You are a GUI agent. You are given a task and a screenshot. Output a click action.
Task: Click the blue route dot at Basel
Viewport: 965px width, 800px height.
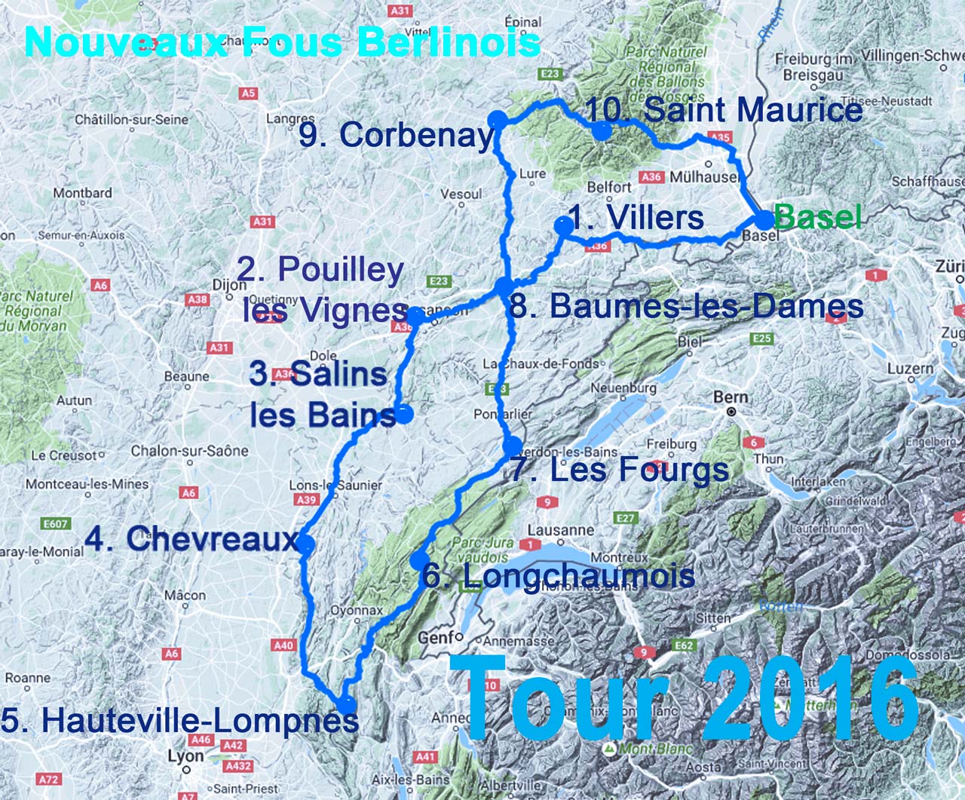[764, 220]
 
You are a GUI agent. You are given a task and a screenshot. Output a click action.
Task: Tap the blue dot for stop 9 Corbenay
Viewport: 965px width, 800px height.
[497, 119]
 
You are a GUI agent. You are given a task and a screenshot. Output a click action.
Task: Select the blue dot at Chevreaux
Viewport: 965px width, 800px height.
[306, 544]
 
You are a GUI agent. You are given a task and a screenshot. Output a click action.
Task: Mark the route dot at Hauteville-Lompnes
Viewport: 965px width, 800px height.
[347, 705]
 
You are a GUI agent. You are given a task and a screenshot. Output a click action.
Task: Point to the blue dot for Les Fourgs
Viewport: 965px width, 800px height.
[513, 446]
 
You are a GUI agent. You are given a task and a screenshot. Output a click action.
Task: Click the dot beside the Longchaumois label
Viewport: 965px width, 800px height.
[419, 559]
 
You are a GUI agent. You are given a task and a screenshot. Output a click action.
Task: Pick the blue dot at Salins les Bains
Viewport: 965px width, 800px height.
[404, 413]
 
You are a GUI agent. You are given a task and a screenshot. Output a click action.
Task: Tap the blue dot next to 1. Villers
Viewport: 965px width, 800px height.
[562, 225]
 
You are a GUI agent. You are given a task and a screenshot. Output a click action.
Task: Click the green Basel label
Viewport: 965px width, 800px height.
[817, 217]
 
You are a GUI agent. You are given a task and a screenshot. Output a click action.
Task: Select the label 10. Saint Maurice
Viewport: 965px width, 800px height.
[724, 110]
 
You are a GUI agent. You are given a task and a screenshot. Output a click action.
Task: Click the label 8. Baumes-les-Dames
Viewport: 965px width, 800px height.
[686, 306]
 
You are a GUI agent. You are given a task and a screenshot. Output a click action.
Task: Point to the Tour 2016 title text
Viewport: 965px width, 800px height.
[690, 699]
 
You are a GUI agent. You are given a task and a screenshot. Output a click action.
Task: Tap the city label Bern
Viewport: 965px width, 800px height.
[731, 397]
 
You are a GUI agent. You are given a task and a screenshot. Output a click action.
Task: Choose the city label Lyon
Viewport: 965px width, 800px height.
[185, 756]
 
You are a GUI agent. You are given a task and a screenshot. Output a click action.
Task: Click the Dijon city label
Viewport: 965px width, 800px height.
[229, 286]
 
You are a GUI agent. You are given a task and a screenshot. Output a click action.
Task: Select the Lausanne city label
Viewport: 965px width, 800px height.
[561, 530]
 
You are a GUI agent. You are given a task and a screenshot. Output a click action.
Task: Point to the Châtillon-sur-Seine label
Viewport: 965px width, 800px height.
[131, 119]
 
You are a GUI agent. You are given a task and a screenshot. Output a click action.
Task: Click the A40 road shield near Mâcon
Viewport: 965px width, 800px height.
[283, 645]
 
